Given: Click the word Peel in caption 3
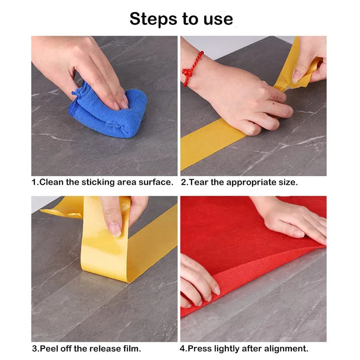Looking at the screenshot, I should coord(49,348).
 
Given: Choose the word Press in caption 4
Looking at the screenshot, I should coord(199,348).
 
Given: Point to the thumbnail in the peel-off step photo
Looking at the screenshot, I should coord(115,229).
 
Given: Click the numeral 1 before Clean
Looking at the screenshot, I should coord(33,182).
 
